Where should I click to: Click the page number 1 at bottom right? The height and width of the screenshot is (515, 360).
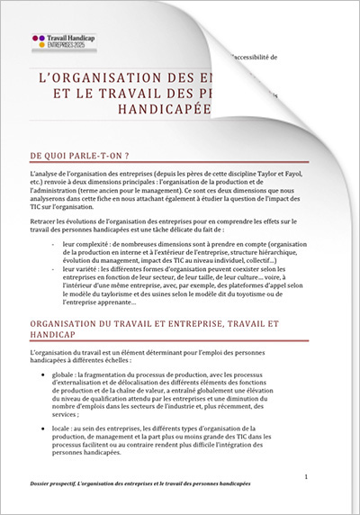coord(308,476)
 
